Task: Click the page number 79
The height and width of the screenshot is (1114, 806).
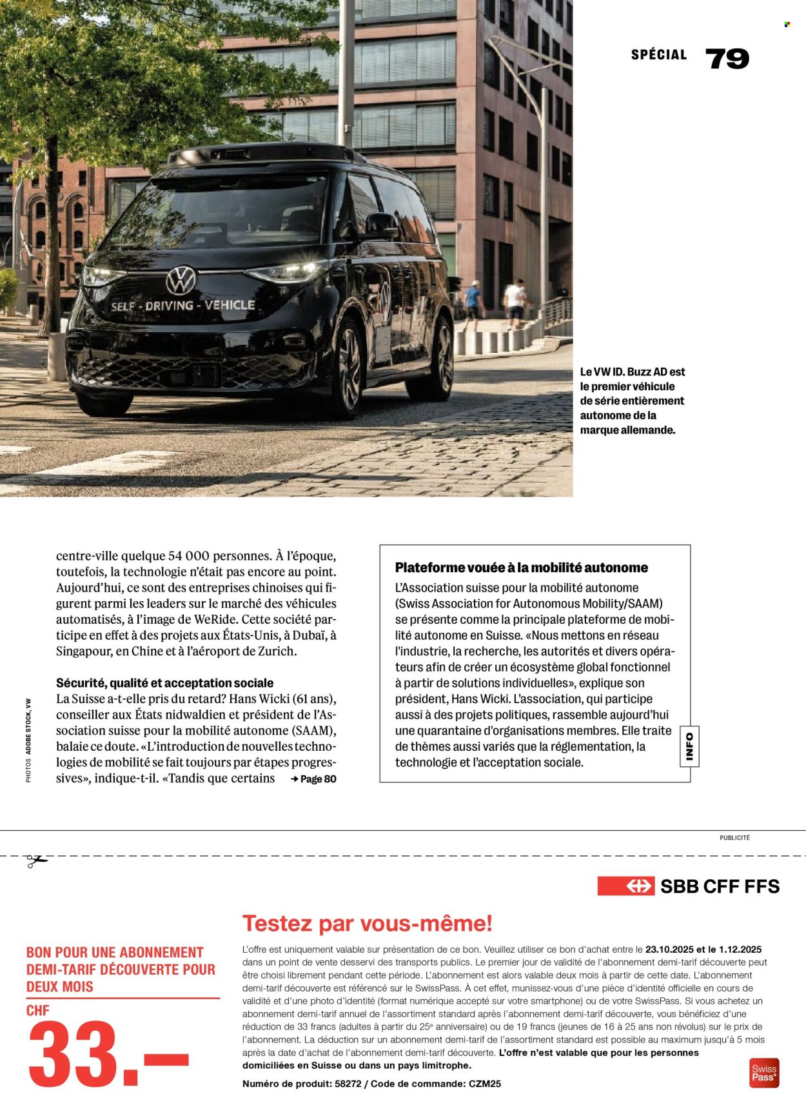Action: pos(727,59)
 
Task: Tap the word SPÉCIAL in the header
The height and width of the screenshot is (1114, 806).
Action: pos(658,55)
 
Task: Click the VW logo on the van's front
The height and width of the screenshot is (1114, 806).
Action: pos(181,281)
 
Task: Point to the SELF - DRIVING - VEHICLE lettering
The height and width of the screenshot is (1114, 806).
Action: pos(182,306)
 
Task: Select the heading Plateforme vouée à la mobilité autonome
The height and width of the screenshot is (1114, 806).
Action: pos(521,568)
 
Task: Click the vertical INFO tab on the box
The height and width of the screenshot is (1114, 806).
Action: pos(689,746)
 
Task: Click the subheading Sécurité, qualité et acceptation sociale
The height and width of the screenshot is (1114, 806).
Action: pos(164,682)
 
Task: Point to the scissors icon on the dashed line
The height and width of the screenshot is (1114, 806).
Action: pos(37,860)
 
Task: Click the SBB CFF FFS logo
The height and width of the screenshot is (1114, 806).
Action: pos(688,886)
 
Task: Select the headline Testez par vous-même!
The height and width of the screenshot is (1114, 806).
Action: pos(367,924)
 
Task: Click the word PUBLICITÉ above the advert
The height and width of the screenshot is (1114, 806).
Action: pos(734,838)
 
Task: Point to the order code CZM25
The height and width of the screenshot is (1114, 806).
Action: pos(484,1084)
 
